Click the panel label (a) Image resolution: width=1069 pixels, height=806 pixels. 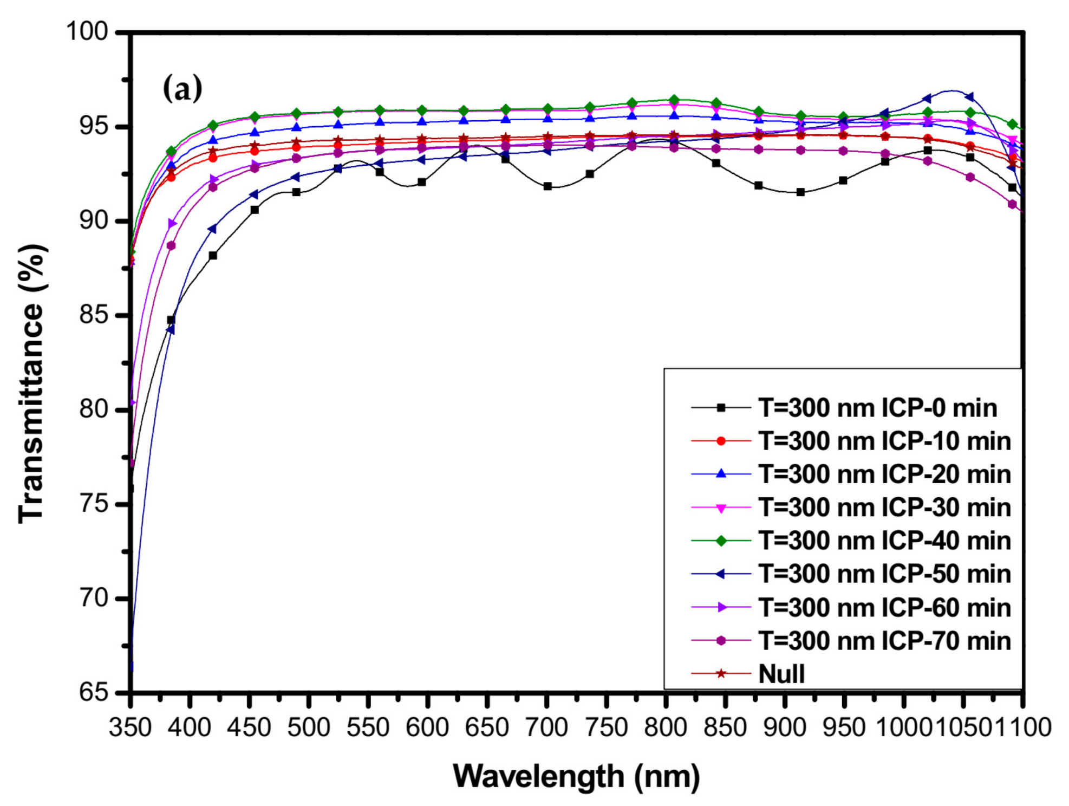pos(182,89)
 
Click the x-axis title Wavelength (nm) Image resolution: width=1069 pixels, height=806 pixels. pos(576,776)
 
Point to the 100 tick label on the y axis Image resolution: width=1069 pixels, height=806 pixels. pos(87,31)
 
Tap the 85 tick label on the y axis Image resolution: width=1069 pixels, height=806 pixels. pos(94,315)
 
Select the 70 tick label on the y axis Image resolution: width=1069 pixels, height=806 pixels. pos(94,598)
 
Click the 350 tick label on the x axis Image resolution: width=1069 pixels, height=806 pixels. pos(130,727)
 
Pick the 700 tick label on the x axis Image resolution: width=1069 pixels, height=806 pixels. pos(546,727)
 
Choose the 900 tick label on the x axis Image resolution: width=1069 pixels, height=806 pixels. pos(784,727)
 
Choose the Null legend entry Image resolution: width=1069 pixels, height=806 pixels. pos(781,674)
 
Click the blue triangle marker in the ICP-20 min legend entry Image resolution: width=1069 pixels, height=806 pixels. pos(721,474)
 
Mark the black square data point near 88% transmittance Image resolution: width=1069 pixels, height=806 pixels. pos(213,255)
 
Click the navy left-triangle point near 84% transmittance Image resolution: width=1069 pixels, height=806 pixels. pos(171,329)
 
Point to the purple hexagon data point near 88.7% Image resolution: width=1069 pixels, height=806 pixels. pos(171,245)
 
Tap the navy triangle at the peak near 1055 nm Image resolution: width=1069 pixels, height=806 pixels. pos(969,97)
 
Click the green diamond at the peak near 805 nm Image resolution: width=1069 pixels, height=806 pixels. pos(674,100)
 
